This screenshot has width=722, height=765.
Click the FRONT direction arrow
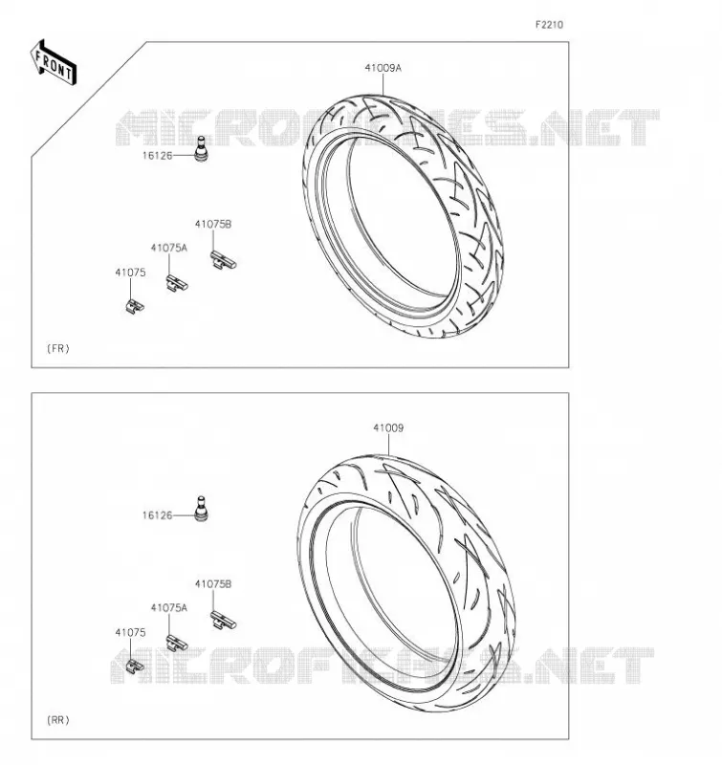click(54, 62)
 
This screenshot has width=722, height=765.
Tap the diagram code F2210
click(549, 25)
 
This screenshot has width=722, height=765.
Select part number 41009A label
click(383, 68)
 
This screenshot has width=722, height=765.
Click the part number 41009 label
click(388, 427)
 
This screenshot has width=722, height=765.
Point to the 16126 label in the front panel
click(157, 156)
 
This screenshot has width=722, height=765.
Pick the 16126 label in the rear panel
click(157, 515)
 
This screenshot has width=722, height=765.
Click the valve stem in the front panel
click(201, 149)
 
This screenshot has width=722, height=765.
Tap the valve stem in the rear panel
click(201, 509)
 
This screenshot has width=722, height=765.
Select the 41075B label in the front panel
click(213, 225)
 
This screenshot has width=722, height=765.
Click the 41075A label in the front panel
click(169, 248)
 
